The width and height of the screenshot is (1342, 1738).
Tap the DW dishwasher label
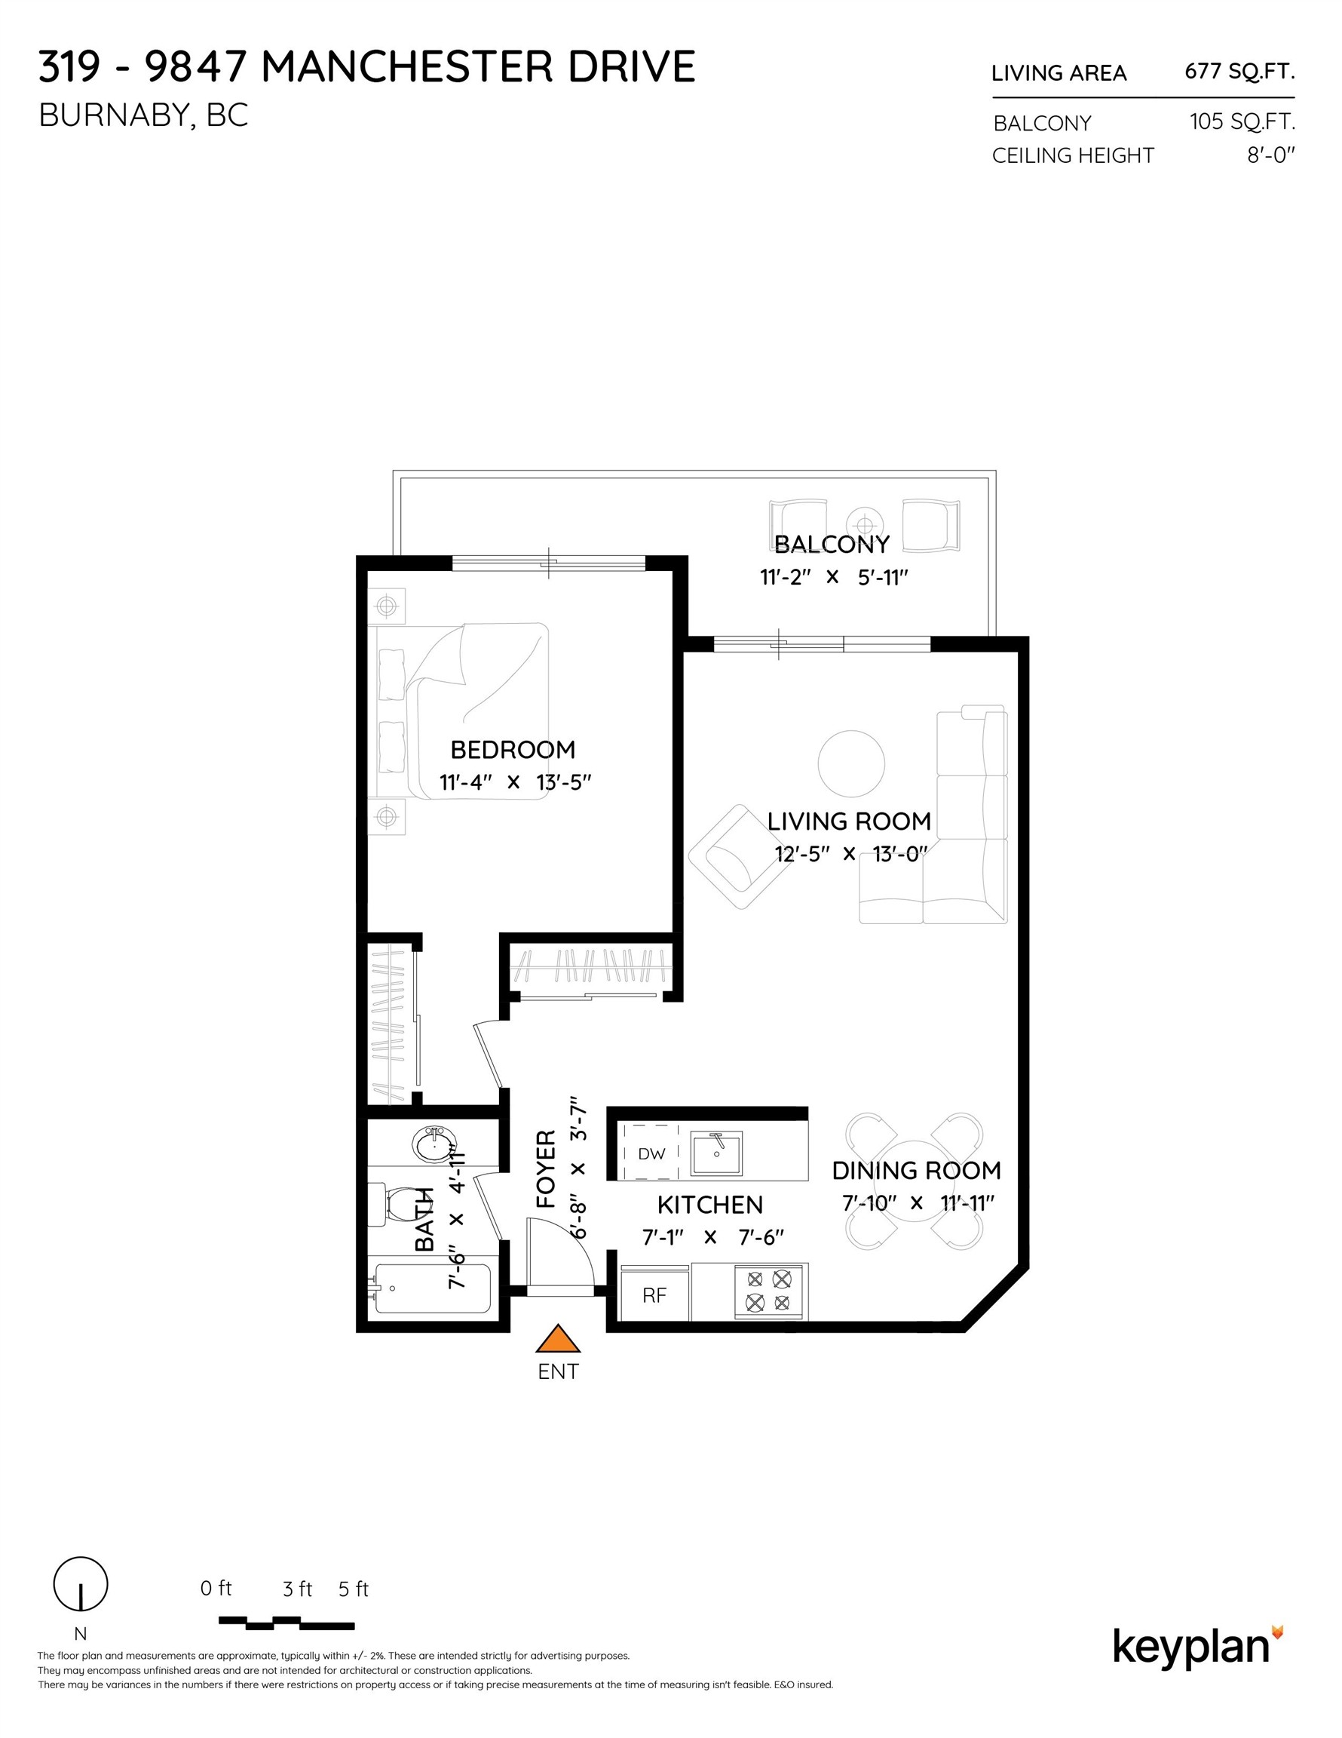pyautogui.click(x=651, y=1154)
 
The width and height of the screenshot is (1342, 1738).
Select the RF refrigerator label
pyautogui.click(x=654, y=1295)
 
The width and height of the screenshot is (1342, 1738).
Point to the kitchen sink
pyautogui.click(x=716, y=1154)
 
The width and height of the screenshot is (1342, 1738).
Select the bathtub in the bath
pyautogui.click(x=432, y=1289)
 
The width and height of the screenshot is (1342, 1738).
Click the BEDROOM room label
pyautogui.click(x=513, y=750)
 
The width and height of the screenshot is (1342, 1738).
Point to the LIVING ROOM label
pyautogui.click(x=849, y=821)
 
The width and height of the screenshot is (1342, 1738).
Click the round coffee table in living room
pyautogui.click(x=851, y=763)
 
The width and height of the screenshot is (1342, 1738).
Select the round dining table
pyautogui.click(x=913, y=1180)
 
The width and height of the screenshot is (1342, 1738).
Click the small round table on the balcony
pyautogui.click(x=865, y=525)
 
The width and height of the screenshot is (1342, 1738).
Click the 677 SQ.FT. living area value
pyautogui.click(x=1239, y=72)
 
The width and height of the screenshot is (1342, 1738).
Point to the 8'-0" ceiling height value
pyautogui.click(x=1270, y=155)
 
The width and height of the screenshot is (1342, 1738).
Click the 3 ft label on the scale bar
pyautogui.click(x=298, y=1589)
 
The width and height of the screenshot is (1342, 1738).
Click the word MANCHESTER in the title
pyautogui.click(x=406, y=66)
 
